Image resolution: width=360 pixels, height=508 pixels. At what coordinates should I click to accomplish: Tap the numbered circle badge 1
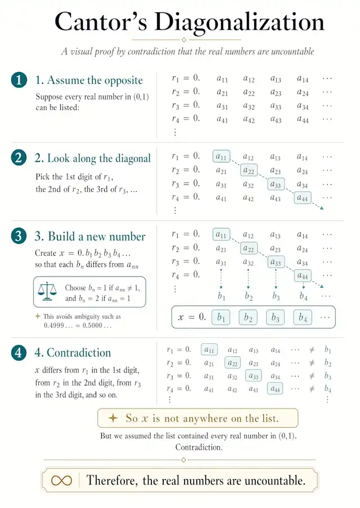click(19, 80)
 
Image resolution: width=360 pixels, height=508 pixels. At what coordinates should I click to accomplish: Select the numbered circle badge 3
click(19, 237)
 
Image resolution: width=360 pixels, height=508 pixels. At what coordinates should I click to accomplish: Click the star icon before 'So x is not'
click(112, 418)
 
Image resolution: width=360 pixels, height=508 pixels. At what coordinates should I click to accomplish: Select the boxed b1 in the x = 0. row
click(221, 317)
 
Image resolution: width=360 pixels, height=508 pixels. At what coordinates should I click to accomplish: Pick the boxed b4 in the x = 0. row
click(303, 317)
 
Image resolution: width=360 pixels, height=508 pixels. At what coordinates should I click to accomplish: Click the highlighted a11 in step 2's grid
click(222, 156)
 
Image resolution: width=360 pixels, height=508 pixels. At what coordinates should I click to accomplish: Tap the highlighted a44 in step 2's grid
click(303, 197)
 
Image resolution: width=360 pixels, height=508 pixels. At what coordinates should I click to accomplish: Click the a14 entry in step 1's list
click(303, 79)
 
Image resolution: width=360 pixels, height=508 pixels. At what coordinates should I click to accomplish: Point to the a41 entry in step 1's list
click(222, 119)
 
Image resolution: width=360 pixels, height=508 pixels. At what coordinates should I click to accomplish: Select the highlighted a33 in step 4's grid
click(254, 377)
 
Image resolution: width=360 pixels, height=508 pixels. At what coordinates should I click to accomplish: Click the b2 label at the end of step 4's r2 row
click(328, 363)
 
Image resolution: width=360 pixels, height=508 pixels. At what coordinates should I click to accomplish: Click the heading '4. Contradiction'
click(79, 353)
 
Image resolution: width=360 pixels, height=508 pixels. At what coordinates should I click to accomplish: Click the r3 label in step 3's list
click(178, 261)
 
